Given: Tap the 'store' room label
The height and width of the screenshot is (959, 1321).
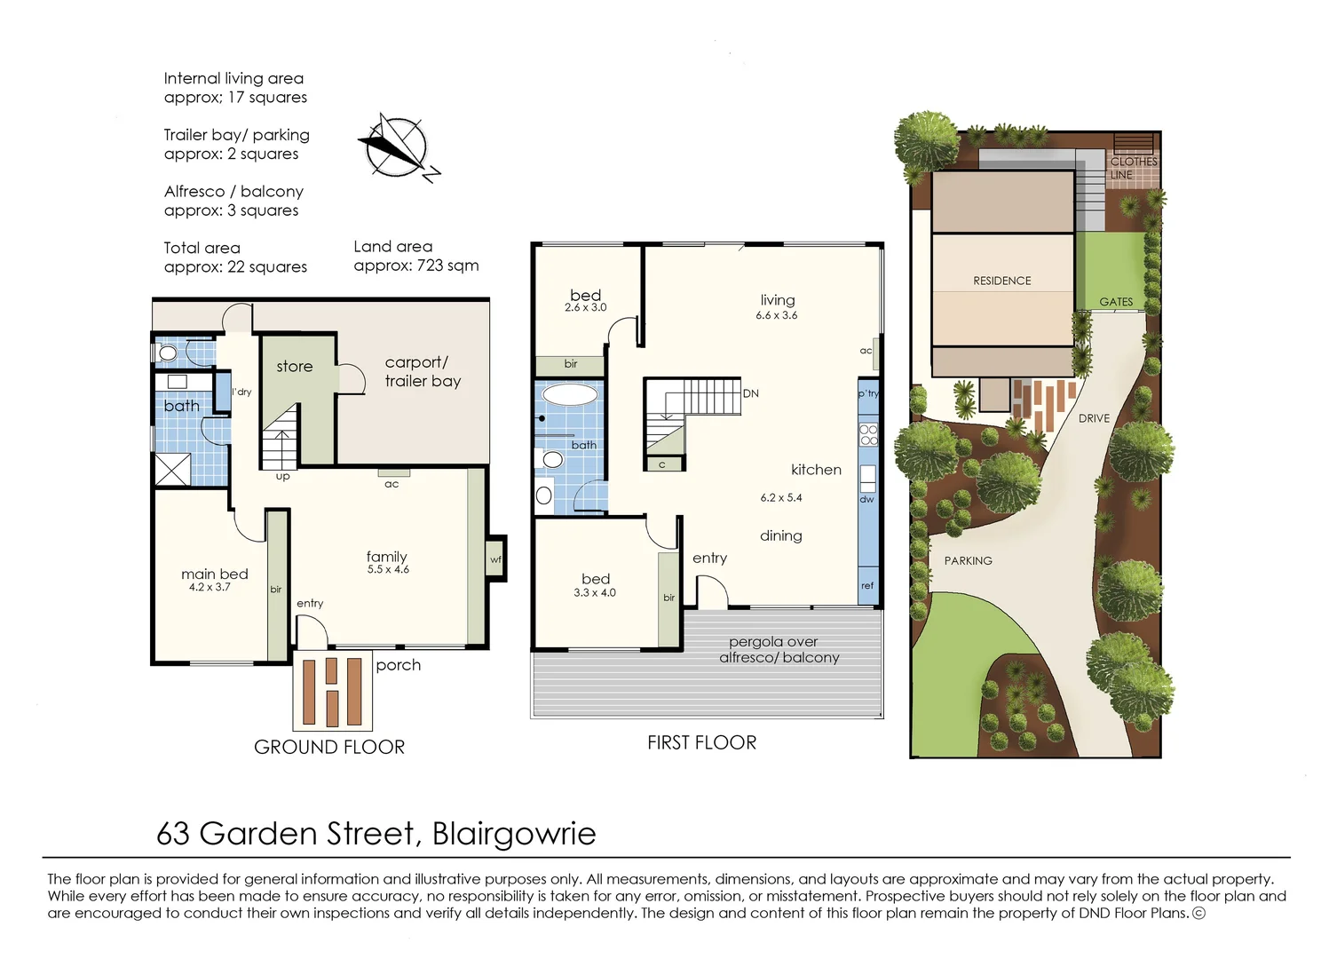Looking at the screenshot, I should click(294, 367).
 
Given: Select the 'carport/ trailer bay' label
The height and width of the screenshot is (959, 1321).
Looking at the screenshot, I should click(423, 372).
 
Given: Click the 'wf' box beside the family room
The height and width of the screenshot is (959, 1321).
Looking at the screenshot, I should click(495, 559).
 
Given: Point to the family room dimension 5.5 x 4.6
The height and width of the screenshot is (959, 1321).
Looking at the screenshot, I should click(388, 570).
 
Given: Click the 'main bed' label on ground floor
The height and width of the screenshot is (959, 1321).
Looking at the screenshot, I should click(214, 575).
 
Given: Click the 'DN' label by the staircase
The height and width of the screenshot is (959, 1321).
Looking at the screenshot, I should click(751, 393).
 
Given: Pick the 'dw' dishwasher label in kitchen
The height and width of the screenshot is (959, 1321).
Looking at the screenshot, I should click(866, 499).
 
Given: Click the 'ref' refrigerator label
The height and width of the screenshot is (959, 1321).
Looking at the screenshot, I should click(867, 586).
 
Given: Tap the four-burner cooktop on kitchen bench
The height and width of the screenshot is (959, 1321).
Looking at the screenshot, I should click(868, 434).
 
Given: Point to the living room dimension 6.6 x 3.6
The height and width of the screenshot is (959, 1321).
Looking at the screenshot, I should click(777, 315).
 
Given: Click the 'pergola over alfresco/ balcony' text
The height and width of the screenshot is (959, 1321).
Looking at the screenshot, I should click(778, 649).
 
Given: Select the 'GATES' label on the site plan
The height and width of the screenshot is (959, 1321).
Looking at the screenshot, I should click(1116, 302).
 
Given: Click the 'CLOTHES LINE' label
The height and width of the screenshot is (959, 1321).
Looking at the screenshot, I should click(1133, 168).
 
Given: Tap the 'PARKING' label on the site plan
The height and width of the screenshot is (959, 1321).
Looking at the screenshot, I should click(968, 561).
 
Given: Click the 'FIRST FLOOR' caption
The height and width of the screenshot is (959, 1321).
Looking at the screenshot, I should click(701, 743).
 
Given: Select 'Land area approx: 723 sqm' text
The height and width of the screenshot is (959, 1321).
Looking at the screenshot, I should click(415, 256).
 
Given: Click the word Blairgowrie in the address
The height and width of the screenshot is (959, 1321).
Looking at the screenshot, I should click(514, 834).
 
